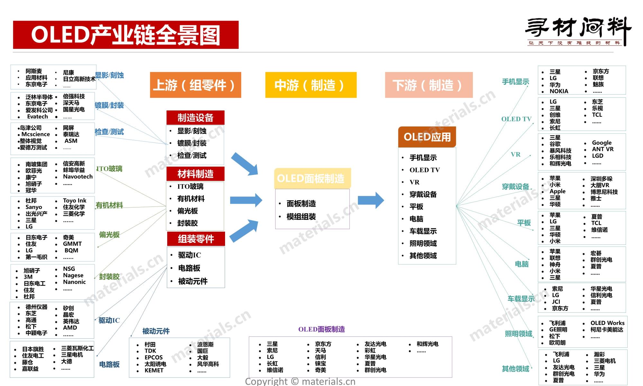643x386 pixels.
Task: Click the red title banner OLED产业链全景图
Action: point(126,35)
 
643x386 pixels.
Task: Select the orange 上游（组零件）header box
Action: point(195,85)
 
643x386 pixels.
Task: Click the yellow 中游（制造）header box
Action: point(311,85)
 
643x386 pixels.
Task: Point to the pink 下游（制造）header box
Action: point(429,85)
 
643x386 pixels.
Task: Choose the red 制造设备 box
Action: point(195,118)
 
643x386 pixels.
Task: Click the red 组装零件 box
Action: point(196,239)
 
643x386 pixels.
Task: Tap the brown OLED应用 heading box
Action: point(427,137)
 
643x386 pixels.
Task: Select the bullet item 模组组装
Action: point(301,217)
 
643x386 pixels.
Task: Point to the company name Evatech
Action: point(37,117)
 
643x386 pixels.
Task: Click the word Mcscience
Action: point(36,134)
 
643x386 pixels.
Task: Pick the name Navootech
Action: point(78,177)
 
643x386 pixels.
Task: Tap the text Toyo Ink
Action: point(75,200)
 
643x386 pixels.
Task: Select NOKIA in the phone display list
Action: point(559,91)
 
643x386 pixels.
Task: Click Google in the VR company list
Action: point(602,143)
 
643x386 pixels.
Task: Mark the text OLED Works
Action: point(607,323)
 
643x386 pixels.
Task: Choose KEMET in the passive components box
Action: point(154,371)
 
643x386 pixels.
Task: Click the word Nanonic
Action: point(74,282)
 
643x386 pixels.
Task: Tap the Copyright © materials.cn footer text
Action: point(300,381)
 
